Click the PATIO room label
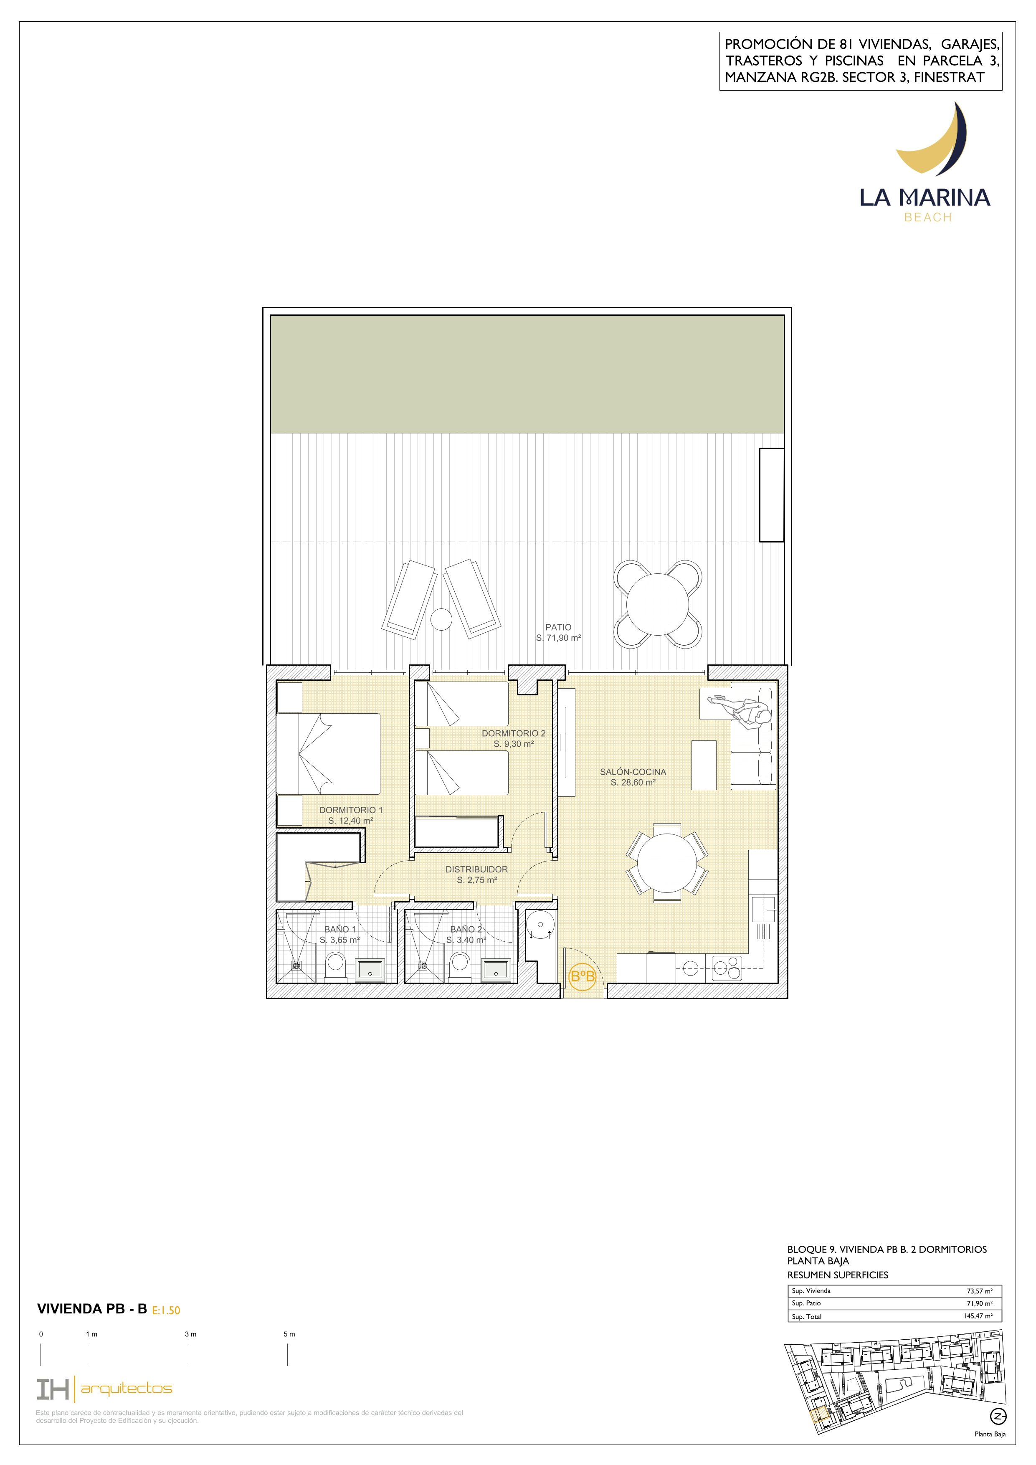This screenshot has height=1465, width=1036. coord(558,627)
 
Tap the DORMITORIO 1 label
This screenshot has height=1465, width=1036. coord(351,810)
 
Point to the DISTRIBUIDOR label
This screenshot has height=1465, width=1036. coord(476,869)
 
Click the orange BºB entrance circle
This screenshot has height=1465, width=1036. coord(582,976)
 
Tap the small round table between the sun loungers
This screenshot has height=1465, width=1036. coord(441,618)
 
